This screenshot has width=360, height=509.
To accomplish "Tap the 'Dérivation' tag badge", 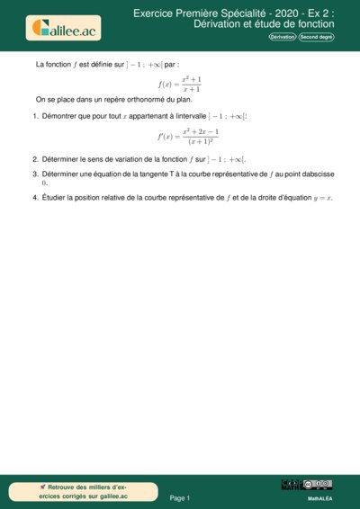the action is point(283,37).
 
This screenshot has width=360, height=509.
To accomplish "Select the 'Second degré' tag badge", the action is point(316,37).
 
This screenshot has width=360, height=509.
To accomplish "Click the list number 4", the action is point(35,198).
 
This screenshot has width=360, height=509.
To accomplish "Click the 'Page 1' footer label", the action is point(180,497).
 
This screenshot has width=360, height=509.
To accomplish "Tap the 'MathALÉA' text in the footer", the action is point(319,497).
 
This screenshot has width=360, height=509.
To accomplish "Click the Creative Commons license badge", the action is point(319,485).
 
